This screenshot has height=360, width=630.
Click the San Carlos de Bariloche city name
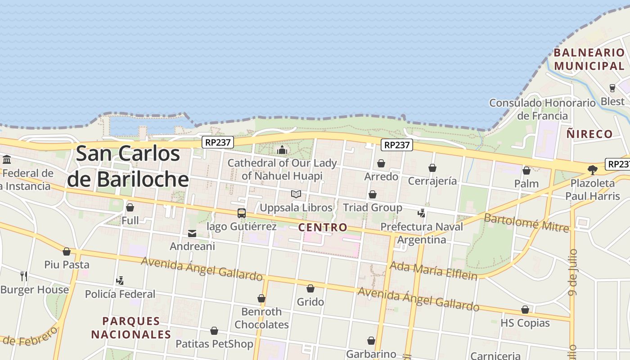128,166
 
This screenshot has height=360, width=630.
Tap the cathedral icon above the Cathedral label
282,149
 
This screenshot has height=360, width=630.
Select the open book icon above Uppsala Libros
296,194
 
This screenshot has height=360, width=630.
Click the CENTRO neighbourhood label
323,227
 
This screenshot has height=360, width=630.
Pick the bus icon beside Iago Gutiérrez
242,213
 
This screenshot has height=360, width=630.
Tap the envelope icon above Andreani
192,233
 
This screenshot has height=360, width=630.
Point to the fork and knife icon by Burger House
24,276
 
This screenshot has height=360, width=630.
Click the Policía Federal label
120,294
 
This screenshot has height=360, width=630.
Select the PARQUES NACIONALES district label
131,328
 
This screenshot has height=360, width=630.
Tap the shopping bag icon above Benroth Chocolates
261,298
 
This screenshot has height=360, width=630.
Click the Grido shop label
310,301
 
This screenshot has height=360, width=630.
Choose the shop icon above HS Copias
525,310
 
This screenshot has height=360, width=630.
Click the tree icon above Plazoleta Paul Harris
592,170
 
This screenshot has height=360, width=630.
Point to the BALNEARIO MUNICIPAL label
589,59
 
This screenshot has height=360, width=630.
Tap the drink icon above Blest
612,88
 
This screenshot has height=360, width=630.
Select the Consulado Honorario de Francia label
542,109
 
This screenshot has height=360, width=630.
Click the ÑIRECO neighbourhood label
589,134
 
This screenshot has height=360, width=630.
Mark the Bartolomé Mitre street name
526,223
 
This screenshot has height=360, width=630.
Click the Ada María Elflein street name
433,270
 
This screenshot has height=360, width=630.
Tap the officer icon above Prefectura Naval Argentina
422,213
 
